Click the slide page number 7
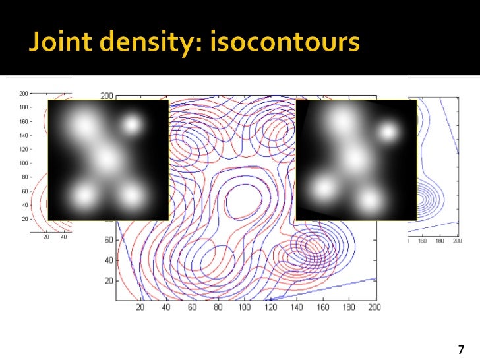tap(460, 349)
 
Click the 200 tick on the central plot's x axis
tap(374, 307)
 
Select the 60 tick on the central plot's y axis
tap(108, 241)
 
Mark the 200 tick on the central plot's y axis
tap(107, 96)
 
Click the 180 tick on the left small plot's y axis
tap(23, 107)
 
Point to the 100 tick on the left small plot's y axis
tap(23, 163)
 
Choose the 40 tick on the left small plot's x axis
tap(64, 237)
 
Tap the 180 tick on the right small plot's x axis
tap(439, 241)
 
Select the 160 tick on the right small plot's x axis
tap(423, 241)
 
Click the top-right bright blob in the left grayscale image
tap(133, 125)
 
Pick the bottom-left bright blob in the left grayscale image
tap(84, 195)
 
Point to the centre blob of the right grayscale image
tap(356, 159)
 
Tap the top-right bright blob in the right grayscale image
tap(388, 133)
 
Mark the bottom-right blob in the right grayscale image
tap(371, 199)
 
